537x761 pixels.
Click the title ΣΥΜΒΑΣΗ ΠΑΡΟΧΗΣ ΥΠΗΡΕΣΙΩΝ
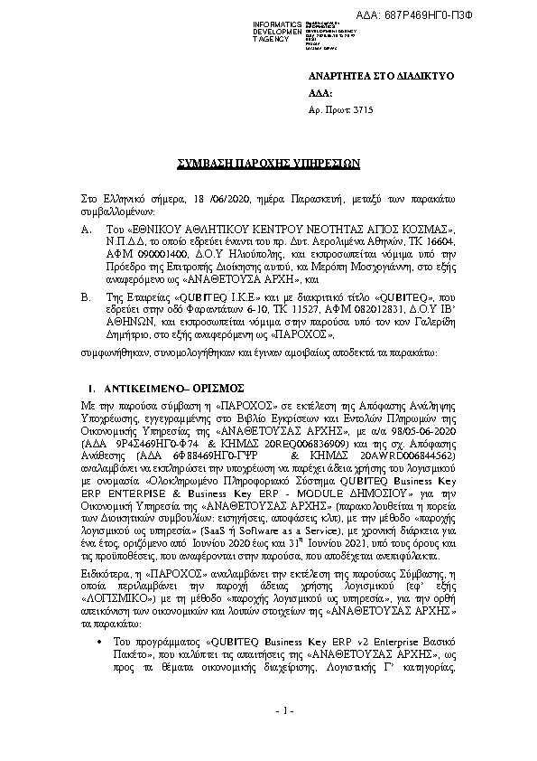268,164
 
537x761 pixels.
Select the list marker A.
85,230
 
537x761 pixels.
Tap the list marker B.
85,296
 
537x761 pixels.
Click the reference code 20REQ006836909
276,444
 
